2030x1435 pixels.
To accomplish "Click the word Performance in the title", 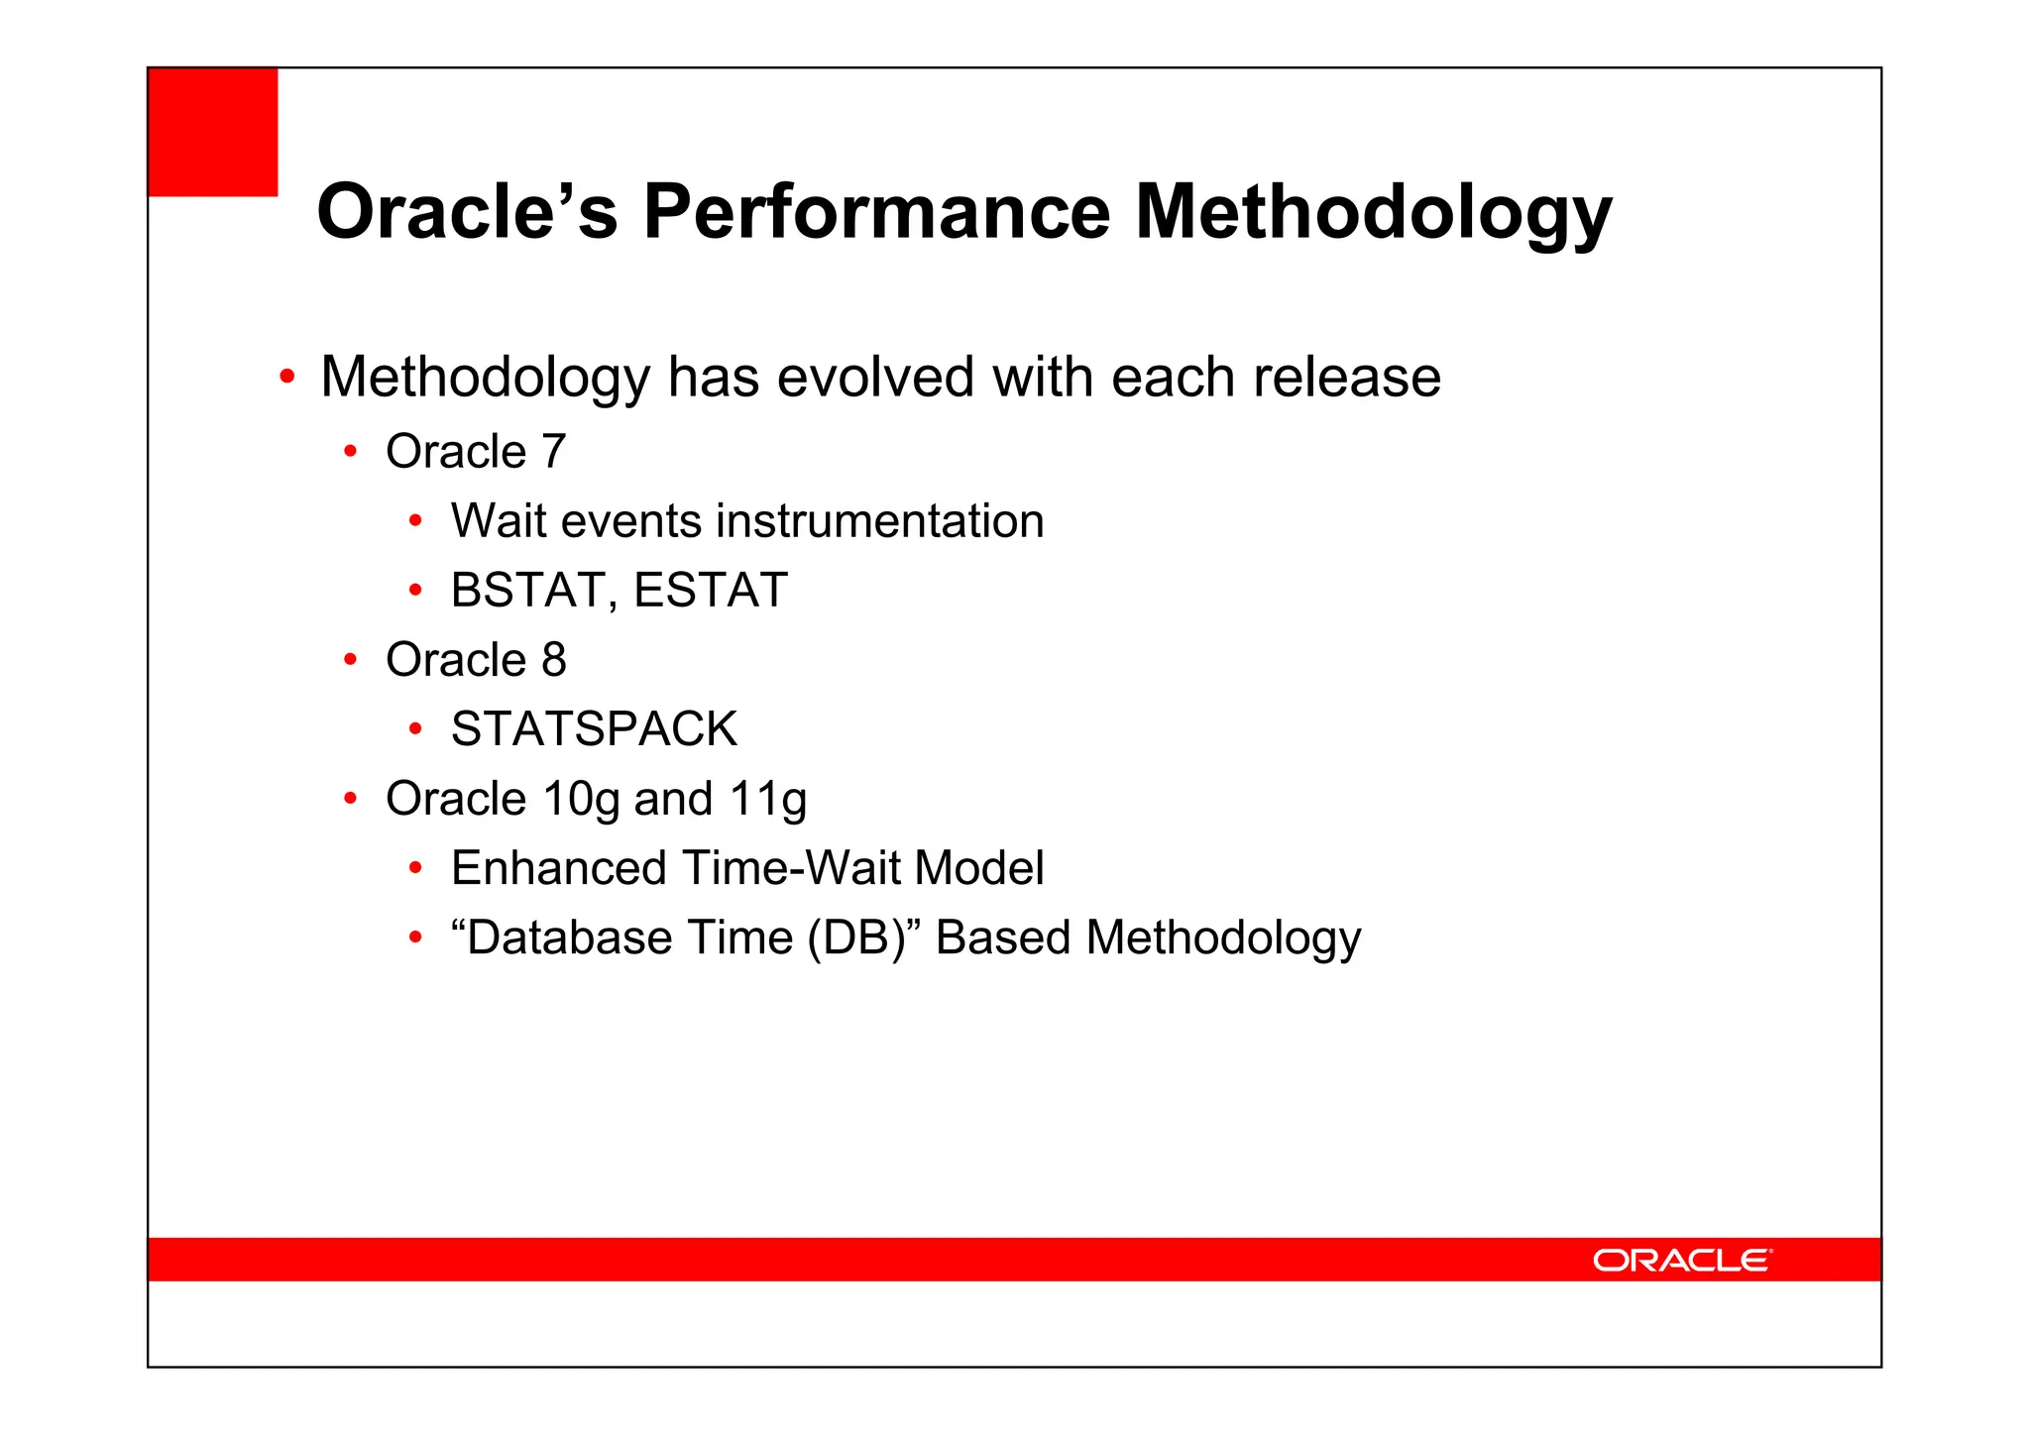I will (x=876, y=212).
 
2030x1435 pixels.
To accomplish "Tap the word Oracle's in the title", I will (x=467, y=212).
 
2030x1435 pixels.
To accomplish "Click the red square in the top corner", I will (x=212, y=132).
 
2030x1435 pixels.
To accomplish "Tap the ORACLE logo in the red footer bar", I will (x=1681, y=1260).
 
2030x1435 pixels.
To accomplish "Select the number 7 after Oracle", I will (x=553, y=452).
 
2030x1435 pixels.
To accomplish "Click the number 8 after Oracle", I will (x=554, y=660).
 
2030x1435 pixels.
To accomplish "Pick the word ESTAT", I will (x=710, y=591).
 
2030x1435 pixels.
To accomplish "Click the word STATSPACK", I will (x=594, y=729).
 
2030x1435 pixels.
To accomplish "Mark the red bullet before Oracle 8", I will (x=350, y=660).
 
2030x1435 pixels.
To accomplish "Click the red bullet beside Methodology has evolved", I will (x=286, y=378).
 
